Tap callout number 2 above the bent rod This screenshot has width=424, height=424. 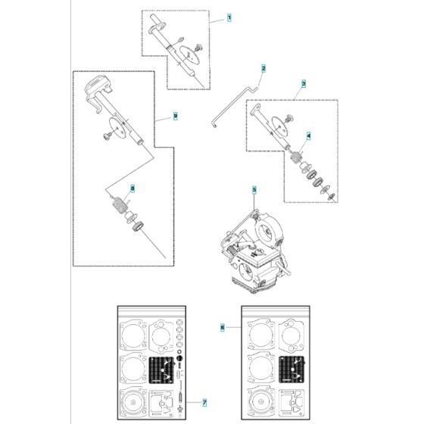pyautogui.click(x=263, y=68)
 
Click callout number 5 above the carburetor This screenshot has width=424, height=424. pyautogui.click(x=254, y=189)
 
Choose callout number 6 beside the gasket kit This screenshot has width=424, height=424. pyautogui.click(x=222, y=328)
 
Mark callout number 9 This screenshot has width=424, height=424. pyautogui.click(x=175, y=115)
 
